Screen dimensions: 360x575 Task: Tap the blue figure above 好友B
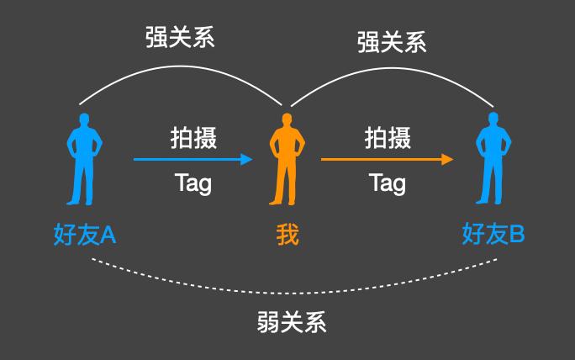point(491,164)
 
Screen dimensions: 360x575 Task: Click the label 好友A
point(84,233)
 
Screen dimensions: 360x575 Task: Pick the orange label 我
point(287,234)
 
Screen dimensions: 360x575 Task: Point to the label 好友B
point(493,233)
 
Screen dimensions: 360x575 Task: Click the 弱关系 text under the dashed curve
point(291,322)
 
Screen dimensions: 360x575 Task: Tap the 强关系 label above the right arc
point(392,43)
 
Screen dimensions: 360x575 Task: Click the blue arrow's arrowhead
point(246,159)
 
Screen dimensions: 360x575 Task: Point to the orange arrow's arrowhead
point(448,159)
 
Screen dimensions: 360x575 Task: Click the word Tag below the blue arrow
point(193,183)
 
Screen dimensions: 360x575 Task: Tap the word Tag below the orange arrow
point(388,183)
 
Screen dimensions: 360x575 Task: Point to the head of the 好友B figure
point(491,119)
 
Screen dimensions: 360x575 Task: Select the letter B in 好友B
point(516,233)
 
